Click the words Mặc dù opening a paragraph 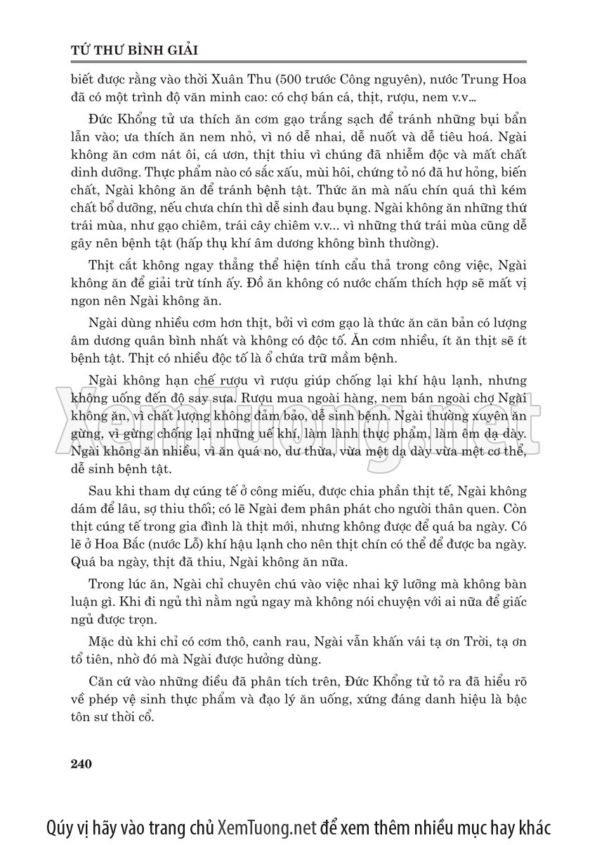point(110,643)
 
